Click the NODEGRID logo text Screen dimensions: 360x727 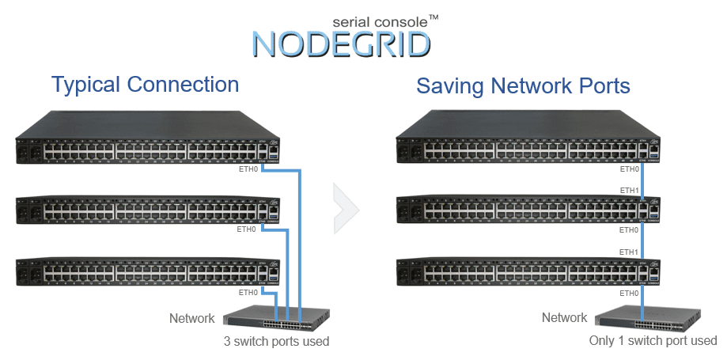point(342,43)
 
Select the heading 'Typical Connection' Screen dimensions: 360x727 point(145,85)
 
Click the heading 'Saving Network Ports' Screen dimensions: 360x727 point(523,85)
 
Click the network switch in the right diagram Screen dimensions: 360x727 point(646,320)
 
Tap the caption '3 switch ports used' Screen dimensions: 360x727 point(276,342)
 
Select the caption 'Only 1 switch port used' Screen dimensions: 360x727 point(653,341)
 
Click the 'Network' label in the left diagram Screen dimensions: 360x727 point(191,318)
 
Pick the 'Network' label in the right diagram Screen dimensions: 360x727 point(564,317)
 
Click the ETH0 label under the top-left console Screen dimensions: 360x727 point(248,169)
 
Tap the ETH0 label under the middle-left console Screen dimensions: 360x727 point(248,229)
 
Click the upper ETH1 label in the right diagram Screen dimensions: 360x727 point(629,191)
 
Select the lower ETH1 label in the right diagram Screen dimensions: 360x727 point(629,252)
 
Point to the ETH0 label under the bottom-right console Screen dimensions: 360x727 point(629,293)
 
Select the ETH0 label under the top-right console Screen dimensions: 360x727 point(629,169)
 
